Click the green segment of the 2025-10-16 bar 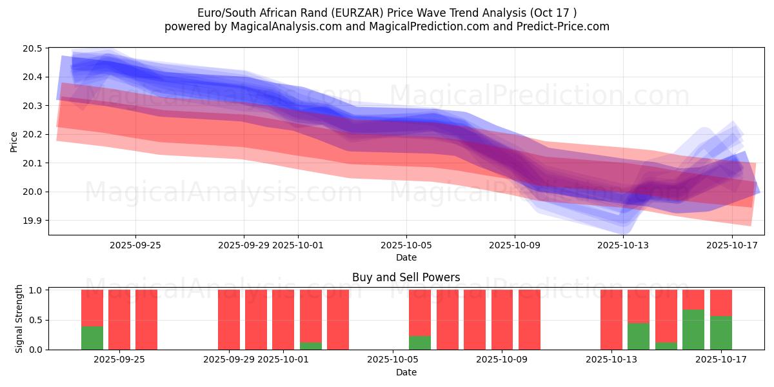pyautogui.click(x=693, y=330)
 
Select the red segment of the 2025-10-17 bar pyautogui.click(x=720, y=303)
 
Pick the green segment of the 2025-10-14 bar pyautogui.click(x=639, y=336)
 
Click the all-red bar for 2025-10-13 pyautogui.click(x=611, y=320)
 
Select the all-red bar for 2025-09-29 pyautogui.click(x=229, y=320)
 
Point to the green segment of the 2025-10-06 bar pyautogui.click(x=420, y=342)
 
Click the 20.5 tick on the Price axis pyautogui.click(x=34, y=49)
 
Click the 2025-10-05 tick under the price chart pyautogui.click(x=406, y=245)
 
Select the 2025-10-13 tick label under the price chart pyautogui.click(x=623, y=245)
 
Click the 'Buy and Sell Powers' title pyautogui.click(x=406, y=278)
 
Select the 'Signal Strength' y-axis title pyautogui.click(x=19, y=319)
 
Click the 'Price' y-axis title pyautogui.click(x=14, y=142)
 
